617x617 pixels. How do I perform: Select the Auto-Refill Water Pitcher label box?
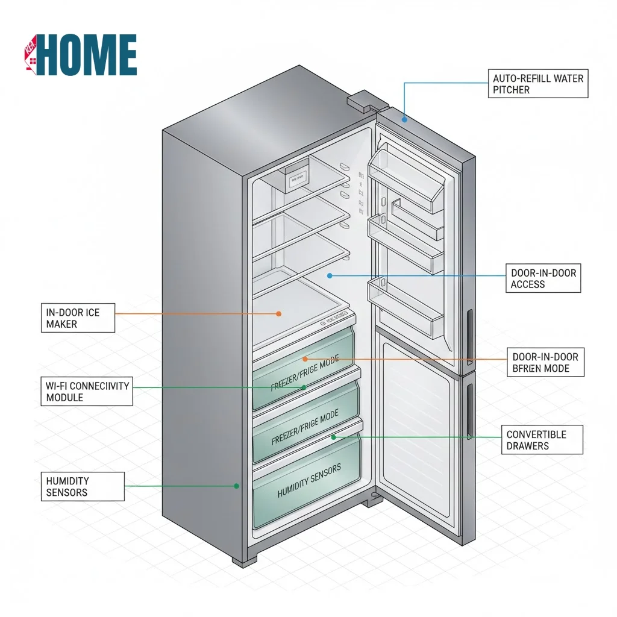click(537, 84)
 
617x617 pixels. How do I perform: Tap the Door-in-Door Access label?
click(543, 278)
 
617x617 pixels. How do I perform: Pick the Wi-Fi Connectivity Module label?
click(87, 391)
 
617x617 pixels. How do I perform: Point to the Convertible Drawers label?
click(542, 440)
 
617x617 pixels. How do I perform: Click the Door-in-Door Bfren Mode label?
click(545, 362)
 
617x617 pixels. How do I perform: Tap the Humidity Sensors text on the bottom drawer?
click(309, 481)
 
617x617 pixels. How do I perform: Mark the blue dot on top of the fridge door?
click(405, 119)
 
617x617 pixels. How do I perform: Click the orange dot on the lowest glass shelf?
click(279, 313)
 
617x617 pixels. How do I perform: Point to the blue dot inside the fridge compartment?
click(330, 275)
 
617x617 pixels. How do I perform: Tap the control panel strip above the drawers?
click(335, 320)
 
